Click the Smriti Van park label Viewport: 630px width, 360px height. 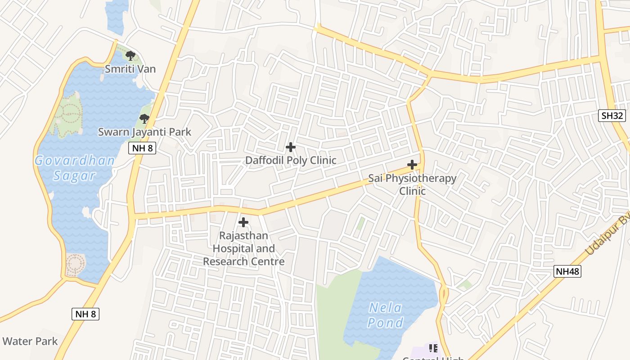point(130,69)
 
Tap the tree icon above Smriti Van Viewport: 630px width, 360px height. point(130,56)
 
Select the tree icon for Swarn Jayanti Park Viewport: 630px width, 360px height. point(144,119)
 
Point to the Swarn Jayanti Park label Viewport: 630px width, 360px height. point(144,132)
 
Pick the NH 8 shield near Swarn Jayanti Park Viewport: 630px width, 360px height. point(142,148)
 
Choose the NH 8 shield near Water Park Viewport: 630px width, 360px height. point(85,314)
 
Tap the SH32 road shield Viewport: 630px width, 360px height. point(613,116)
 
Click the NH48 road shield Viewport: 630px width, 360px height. point(567,271)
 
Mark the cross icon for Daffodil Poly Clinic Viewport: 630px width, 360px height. point(291,147)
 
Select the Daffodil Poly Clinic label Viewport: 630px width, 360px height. point(291,160)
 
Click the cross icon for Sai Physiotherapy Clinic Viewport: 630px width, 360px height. point(412,165)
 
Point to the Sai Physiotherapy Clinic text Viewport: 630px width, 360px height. point(412,184)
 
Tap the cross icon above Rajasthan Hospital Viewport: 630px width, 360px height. point(243,222)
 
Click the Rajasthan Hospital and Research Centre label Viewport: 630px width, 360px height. point(243,248)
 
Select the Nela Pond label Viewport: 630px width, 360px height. point(385,315)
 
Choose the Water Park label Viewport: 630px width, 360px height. point(30,341)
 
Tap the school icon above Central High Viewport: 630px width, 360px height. point(433,348)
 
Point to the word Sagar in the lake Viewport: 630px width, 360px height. point(74,175)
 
